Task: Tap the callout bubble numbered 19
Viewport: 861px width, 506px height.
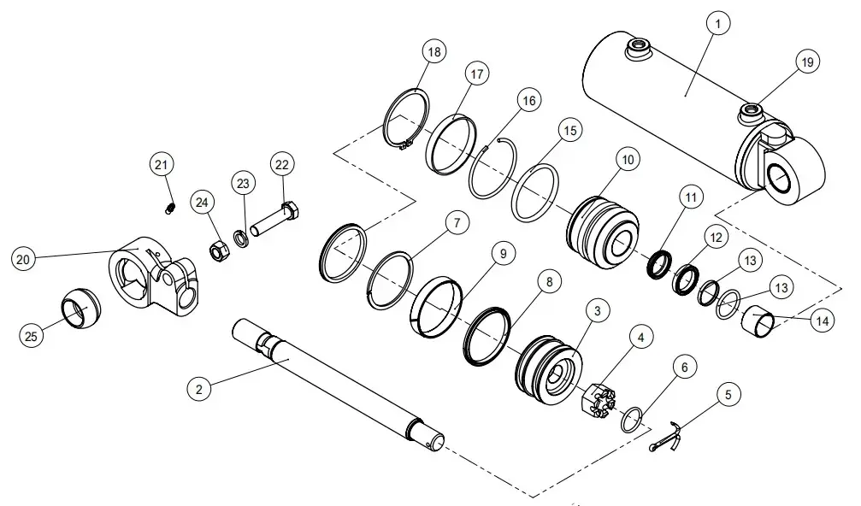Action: click(807, 62)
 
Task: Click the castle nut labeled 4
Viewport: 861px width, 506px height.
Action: click(596, 402)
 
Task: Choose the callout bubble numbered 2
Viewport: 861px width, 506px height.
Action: click(199, 389)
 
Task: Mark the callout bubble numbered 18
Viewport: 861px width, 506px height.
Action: click(434, 52)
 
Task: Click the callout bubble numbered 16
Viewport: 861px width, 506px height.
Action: click(529, 101)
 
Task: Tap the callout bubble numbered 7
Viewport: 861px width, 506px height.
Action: click(457, 224)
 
